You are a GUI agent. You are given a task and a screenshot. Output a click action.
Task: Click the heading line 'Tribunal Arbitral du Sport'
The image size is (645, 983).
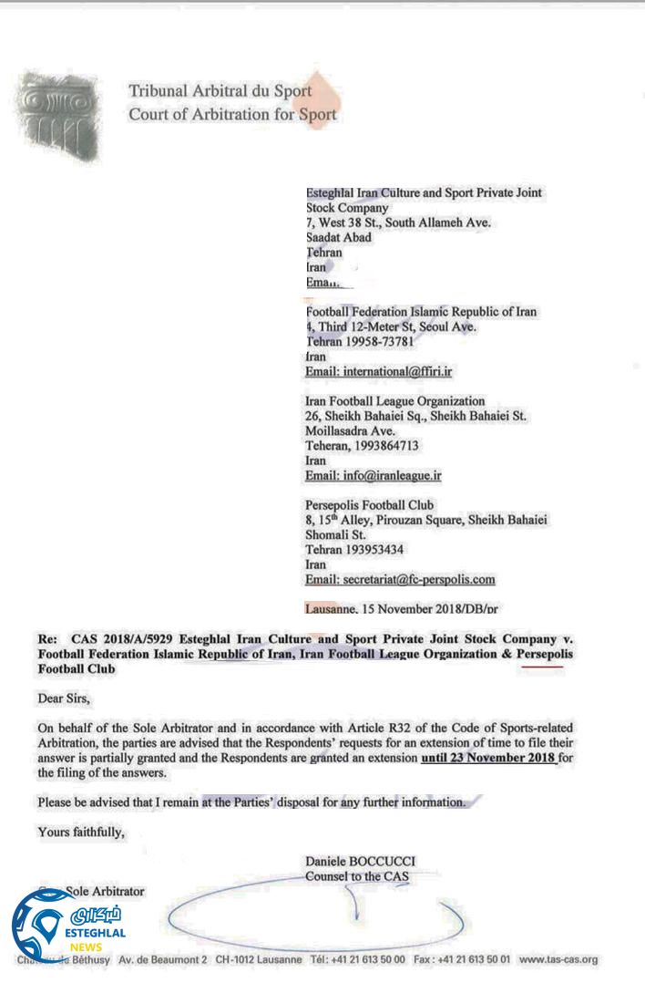click(220, 91)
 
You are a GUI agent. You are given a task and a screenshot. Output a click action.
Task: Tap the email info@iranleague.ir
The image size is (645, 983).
click(374, 475)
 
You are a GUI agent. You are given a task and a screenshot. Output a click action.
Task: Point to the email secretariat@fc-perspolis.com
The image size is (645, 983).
click(400, 579)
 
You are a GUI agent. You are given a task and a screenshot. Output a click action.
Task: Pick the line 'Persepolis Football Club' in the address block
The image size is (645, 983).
click(369, 504)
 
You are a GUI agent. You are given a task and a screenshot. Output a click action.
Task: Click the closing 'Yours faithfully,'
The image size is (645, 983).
click(81, 831)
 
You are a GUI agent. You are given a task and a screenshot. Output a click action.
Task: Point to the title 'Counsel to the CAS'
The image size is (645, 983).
click(357, 876)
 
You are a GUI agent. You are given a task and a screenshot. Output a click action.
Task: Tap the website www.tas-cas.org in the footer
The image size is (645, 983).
click(558, 959)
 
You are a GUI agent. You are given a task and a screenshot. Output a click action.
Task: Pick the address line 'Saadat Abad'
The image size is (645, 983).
click(338, 237)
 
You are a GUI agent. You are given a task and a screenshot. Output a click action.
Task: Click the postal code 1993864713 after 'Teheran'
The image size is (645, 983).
click(389, 445)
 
